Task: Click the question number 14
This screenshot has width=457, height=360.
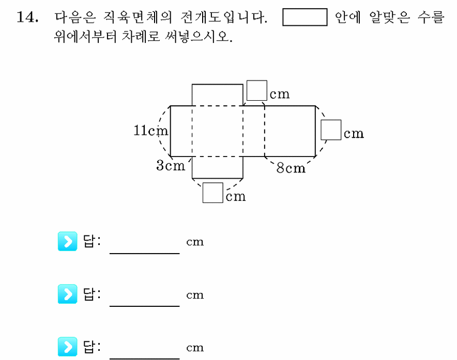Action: [x=27, y=17]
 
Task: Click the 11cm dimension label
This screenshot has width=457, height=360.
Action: [x=150, y=130]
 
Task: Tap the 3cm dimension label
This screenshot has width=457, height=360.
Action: [x=171, y=165]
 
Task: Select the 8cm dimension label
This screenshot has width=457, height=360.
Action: [x=291, y=168]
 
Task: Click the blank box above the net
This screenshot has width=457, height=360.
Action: [x=257, y=90]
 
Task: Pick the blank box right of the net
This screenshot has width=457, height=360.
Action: [x=331, y=130]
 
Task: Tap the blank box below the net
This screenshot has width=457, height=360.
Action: [x=213, y=193]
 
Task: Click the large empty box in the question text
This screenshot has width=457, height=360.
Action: [x=305, y=17]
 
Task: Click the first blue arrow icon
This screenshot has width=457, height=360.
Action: [x=67, y=241]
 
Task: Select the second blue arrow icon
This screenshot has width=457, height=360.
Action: [x=67, y=294]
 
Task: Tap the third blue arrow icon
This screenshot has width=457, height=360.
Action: [x=67, y=347]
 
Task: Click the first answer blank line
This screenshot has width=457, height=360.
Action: [x=145, y=254]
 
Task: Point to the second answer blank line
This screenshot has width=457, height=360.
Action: [x=145, y=306]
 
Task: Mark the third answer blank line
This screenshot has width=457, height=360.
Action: [x=145, y=358]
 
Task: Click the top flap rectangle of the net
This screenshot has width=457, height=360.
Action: [x=218, y=95]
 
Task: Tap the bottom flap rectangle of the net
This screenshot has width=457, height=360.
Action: [x=218, y=167]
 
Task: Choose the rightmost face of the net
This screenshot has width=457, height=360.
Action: [x=290, y=131]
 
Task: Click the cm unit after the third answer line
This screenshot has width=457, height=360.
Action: [x=195, y=348]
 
